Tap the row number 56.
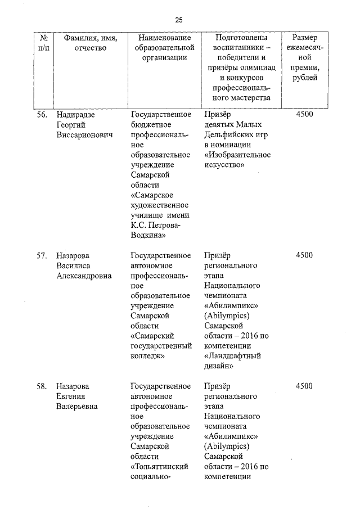coord(41,115)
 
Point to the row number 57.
coord(41,255)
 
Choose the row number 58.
coord(41,386)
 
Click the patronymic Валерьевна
coord(77,407)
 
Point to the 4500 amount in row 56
coord(304,115)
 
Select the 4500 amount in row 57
coord(304,255)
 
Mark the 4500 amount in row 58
coord(304,386)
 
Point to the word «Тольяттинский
coord(159,467)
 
